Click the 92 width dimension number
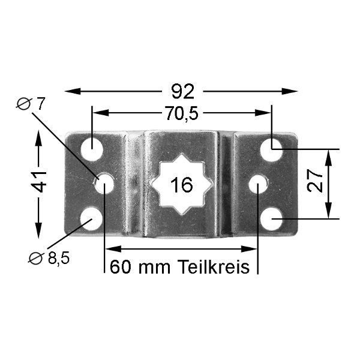pyautogui.click(x=183, y=91)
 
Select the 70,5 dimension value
pyautogui.click(x=182, y=113)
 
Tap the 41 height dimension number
pyautogui.click(x=39, y=181)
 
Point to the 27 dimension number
pyautogui.click(x=315, y=181)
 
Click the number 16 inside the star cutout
pyautogui.click(x=182, y=185)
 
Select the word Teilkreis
pyautogui.click(x=213, y=266)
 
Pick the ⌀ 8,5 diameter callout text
pyautogui.click(x=49, y=258)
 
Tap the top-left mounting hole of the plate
pyautogui.click(x=91, y=149)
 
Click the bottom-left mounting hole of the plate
pyautogui.click(x=91, y=219)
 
